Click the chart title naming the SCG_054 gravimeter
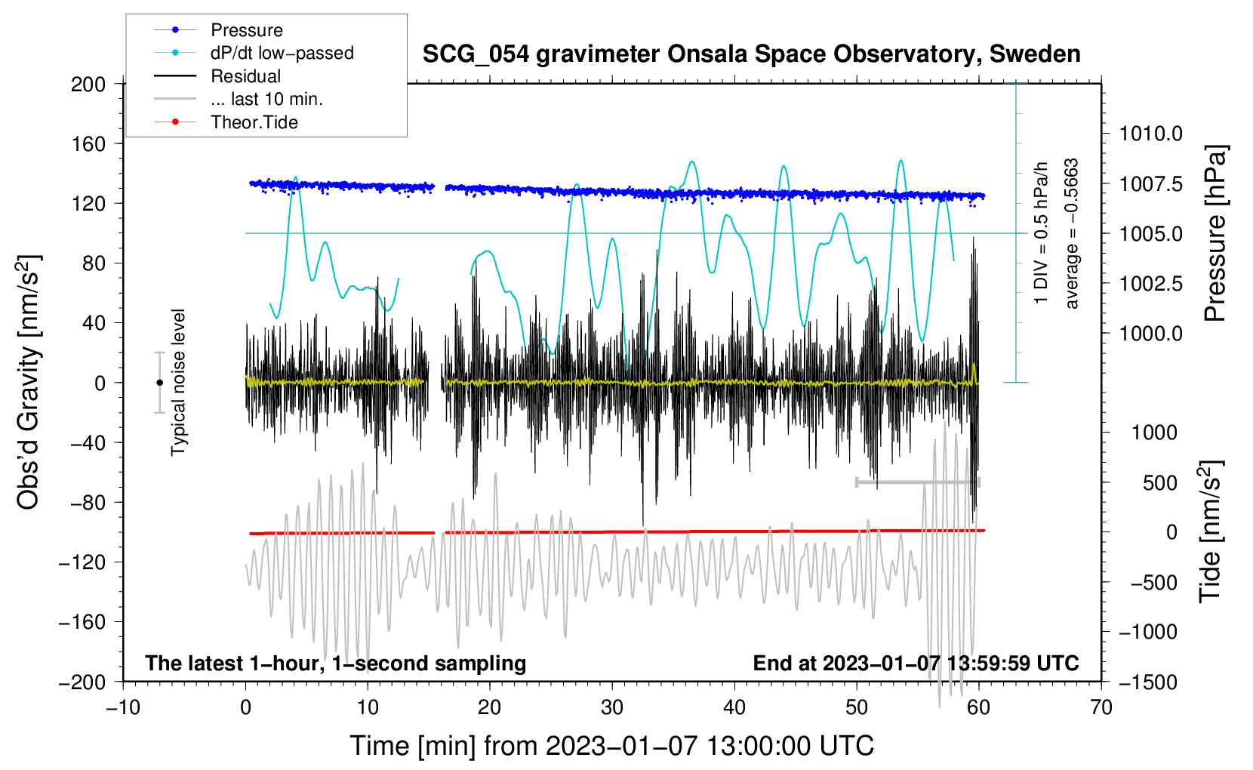[751, 54]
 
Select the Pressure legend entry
[247, 30]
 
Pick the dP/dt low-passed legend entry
[282, 53]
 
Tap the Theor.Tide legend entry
[254, 122]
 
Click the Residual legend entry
[245, 76]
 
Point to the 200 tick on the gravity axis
[88, 84]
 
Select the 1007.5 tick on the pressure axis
[1150, 184]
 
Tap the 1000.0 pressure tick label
[1150, 334]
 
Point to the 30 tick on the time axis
[612, 707]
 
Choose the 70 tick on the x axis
[1101, 707]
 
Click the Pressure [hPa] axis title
[1215, 233]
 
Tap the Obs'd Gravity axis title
[29, 382]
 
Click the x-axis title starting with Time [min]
[611, 746]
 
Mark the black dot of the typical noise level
[159, 383]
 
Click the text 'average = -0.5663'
[1072, 234]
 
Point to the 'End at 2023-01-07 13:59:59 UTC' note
[916, 664]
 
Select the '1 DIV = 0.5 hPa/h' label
[1042, 233]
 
